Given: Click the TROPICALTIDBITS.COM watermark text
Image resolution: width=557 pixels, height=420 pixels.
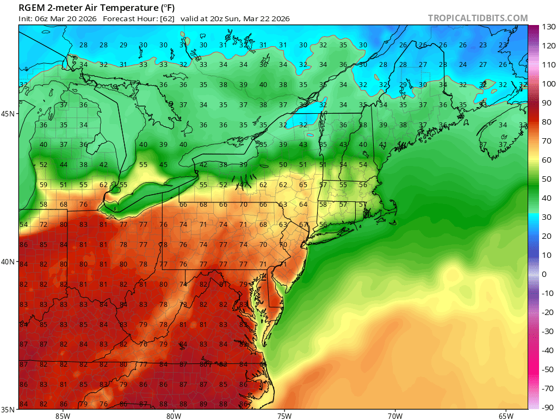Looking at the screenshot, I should [478, 18].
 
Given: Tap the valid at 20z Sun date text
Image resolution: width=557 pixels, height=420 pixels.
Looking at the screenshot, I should [235, 18].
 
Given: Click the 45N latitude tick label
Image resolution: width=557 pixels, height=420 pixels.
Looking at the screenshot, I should [9, 114].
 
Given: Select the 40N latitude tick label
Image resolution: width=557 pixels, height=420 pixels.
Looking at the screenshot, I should [9, 262].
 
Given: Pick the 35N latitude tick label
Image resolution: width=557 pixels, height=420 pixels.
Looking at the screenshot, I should [9, 410].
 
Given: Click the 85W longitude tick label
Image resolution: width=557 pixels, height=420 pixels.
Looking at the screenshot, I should [63, 416].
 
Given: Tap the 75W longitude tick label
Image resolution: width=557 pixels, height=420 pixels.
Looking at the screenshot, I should [284, 416].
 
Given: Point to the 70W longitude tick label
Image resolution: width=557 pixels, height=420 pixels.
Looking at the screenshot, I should [395, 416].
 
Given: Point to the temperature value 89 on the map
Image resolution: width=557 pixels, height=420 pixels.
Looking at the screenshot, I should [203, 404].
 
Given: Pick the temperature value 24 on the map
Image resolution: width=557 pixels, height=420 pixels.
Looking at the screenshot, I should [463, 65].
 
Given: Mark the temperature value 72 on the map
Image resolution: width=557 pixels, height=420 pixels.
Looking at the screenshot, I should [44, 225].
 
